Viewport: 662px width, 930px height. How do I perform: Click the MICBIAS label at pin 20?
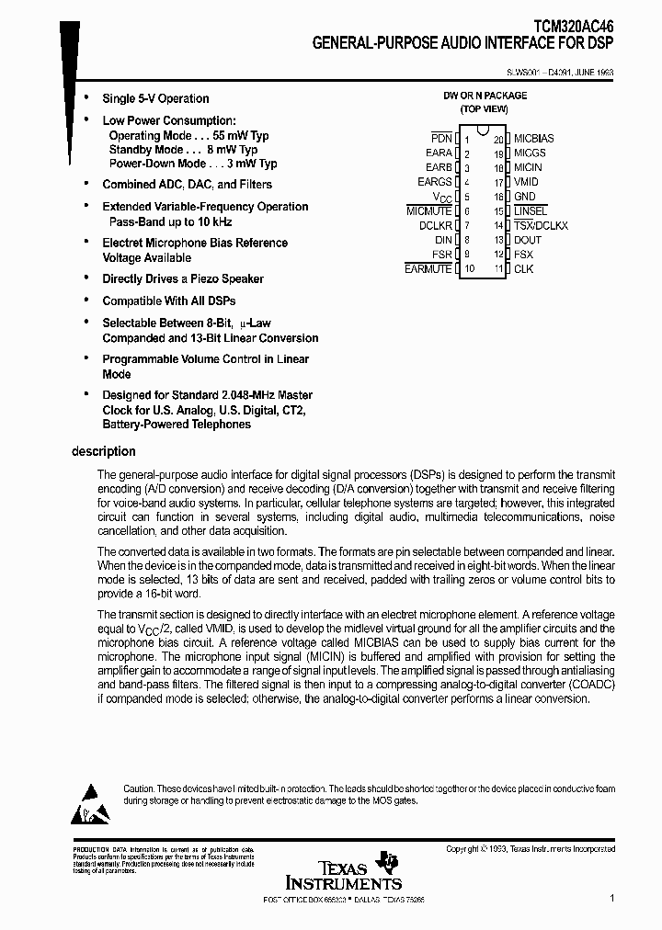533,138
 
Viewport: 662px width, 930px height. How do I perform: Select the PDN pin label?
442,138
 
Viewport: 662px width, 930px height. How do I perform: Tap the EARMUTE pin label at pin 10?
428,269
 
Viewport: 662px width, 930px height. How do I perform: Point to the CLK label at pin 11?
523,269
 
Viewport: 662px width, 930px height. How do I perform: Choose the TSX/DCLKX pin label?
541,225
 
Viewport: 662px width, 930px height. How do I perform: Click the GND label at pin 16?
524,197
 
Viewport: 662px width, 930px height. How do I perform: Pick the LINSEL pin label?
531,211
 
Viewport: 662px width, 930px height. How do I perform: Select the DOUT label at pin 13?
528,240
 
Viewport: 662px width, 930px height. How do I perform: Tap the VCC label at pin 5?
442,198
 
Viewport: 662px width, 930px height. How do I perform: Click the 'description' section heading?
104,451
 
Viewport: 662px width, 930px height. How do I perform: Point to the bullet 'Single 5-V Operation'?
155,98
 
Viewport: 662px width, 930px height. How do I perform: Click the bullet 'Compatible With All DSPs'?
169,301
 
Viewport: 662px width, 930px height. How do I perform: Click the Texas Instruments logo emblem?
391,860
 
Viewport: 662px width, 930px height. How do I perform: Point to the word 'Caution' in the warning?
139,788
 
